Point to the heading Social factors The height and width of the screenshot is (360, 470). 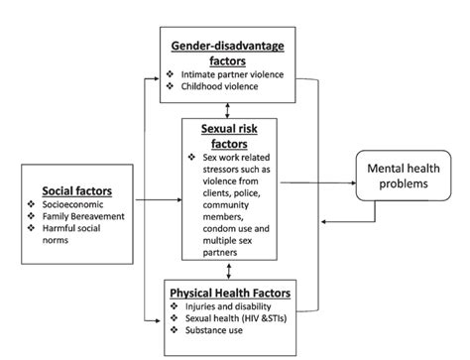[x=75, y=189]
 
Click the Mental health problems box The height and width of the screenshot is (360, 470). [x=407, y=175]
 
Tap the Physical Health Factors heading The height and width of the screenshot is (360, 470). [x=231, y=294]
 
